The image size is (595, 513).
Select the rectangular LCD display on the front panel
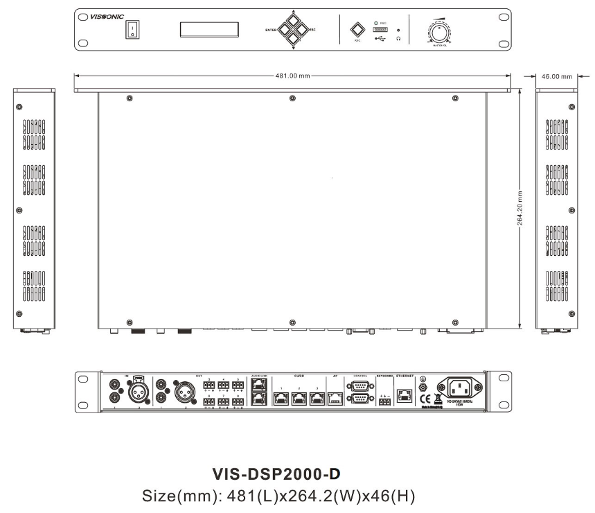(x=209, y=30)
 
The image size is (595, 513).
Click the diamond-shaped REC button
(x=357, y=30)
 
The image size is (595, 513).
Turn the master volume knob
(x=440, y=34)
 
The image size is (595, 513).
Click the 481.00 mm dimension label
(x=292, y=76)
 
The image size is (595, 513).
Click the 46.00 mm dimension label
(x=557, y=76)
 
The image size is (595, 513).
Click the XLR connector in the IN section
(x=135, y=393)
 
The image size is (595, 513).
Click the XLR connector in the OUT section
(x=188, y=393)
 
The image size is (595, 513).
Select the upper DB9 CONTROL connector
(x=360, y=386)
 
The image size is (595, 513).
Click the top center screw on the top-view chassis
(x=292, y=99)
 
